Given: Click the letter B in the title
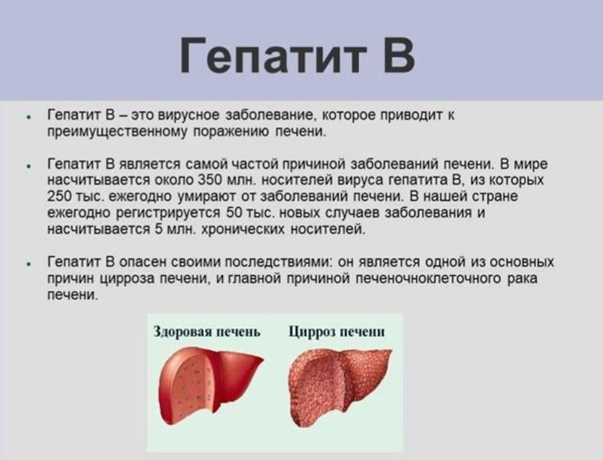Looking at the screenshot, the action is pyautogui.click(x=399, y=55).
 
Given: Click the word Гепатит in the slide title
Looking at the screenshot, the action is pyautogui.click(x=273, y=55).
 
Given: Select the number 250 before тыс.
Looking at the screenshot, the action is pyautogui.click(x=59, y=196).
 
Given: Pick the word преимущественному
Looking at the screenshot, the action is pyautogui.click(x=118, y=132).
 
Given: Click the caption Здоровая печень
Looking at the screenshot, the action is pyautogui.click(x=207, y=332).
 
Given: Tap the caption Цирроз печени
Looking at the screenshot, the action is pyautogui.click(x=336, y=332).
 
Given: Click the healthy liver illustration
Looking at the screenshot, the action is pyautogui.click(x=209, y=384).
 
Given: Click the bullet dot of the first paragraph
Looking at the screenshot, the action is pyautogui.click(x=28, y=116).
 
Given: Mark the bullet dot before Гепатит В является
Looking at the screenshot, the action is pyautogui.click(x=28, y=165).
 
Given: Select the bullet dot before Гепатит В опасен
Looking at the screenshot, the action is pyautogui.click(x=28, y=263).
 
